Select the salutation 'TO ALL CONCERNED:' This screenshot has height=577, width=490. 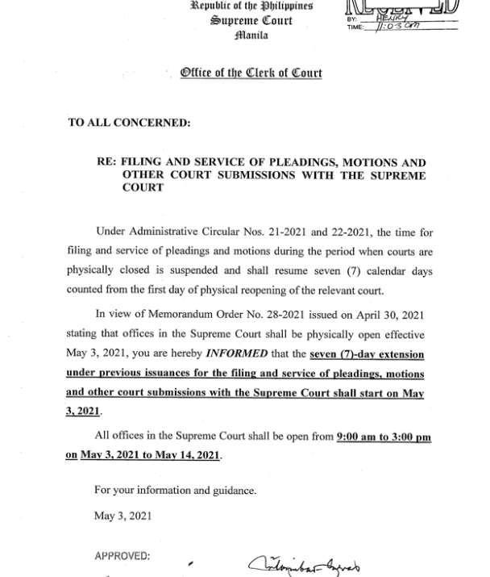click(x=130, y=123)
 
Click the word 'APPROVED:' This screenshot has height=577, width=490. click(x=122, y=557)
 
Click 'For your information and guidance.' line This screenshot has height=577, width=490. click(x=176, y=490)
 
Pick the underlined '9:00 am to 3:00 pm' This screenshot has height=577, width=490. click(x=384, y=437)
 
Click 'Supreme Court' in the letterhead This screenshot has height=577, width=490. click(x=251, y=20)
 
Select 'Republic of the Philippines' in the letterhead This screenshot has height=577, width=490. click(x=251, y=5)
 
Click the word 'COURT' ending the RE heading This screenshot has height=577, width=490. click(x=143, y=187)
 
